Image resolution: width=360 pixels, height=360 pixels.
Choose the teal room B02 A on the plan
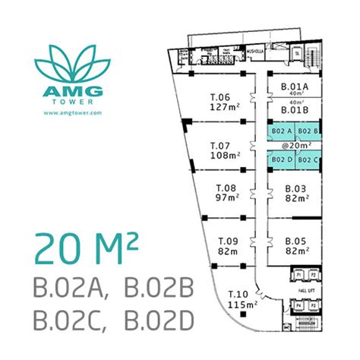pos(279,130)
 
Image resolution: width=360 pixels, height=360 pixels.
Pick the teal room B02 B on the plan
pos(304,130)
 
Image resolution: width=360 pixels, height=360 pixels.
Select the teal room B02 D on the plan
pos(279,159)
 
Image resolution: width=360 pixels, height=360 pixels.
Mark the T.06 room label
pos(219,96)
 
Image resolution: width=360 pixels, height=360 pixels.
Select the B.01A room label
pos(294,87)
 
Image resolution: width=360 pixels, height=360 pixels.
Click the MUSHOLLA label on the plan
pos(254,55)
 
